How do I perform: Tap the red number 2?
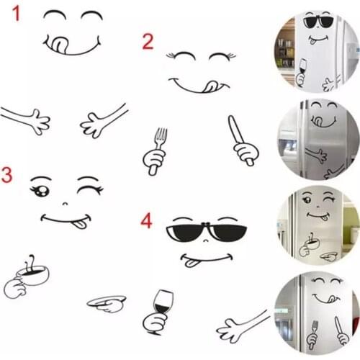pos(147,41)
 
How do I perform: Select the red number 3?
pos(7,175)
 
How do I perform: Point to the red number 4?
pos(146,219)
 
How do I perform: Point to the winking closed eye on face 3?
pos(89,189)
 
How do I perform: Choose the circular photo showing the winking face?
pos(316,225)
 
